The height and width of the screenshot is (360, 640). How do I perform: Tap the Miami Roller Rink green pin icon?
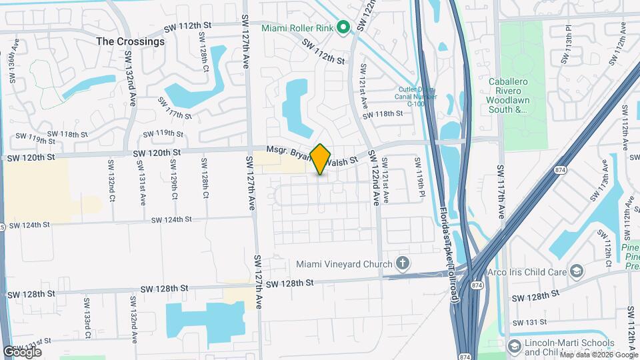343,28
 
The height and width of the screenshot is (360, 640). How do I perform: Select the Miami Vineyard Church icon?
401,263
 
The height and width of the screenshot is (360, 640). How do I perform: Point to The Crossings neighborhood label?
130,41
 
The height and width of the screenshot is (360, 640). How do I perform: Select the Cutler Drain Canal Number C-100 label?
416,97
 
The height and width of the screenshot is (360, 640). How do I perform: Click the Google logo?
23,352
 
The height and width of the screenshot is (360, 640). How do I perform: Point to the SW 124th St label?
171,219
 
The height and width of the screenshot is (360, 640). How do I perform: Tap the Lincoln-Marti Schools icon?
514,346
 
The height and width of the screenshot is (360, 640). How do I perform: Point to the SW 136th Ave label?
13,61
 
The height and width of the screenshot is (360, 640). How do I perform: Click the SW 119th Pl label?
419,173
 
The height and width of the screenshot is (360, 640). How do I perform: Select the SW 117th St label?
175,109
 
